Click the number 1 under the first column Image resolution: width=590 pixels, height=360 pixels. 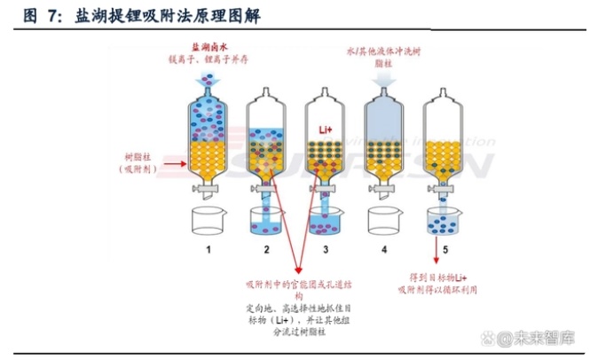pos(209,249)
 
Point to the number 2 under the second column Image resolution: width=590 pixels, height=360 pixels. pos(266,249)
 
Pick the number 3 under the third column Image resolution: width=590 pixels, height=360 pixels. pos(326,249)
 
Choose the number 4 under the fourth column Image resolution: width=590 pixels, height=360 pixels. pos(384,249)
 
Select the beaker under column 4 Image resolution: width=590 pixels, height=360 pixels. pos(384,222)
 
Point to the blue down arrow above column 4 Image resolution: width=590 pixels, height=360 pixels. pos(384,80)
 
